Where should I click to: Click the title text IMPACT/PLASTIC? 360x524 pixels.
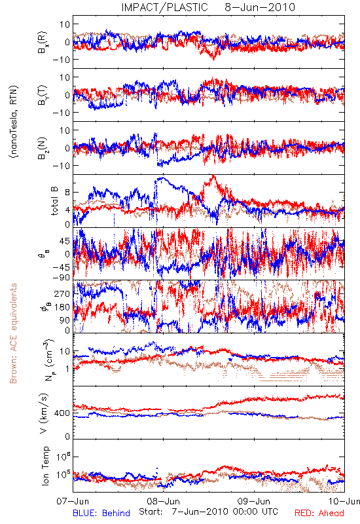click(164, 7)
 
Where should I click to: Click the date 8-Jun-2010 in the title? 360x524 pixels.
click(260, 7)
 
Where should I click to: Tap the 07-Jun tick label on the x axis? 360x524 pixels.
click(73, 501)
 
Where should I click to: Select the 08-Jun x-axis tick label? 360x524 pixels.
click(163, 501)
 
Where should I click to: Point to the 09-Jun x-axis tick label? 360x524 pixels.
click(254, 501)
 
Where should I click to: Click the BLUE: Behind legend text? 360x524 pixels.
click(101, 513)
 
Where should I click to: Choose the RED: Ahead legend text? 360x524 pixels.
click(319, 513)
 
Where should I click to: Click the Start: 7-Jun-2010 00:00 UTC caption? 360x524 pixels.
click(208, 512)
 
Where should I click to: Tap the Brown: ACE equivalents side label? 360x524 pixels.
click(13, 333)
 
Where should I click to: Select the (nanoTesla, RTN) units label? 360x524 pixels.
click(14, 121)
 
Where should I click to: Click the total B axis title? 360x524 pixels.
click(54, 201)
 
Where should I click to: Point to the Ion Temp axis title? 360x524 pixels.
click(45, 466)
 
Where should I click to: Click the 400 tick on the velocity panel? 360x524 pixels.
click(62, 413)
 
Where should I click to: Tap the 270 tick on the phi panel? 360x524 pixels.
click(62, 293)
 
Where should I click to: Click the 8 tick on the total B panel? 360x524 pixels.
click(67, 193)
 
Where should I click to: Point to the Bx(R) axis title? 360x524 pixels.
click(43, 42)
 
